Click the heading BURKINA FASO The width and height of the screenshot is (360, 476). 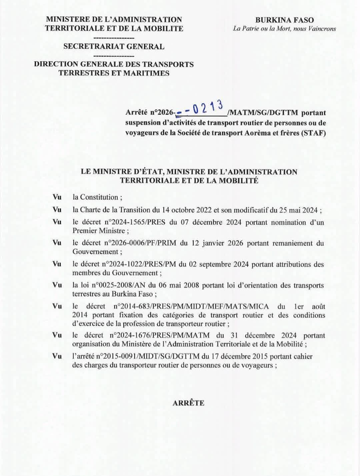pyautogui.click(x=284, y=20)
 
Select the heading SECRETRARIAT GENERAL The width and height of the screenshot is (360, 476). pyautogui.click(x=114, y=46)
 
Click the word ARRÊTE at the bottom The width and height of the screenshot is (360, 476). pyautogui.click(x=188, y=403)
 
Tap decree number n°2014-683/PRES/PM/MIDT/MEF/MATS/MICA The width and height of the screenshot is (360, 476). pyautogui.click(x=191, y=306)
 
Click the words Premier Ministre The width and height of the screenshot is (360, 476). pyautogui.click(x=99, y=231)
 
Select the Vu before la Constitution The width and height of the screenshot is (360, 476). pyautogui.click(x=57, y=197)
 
